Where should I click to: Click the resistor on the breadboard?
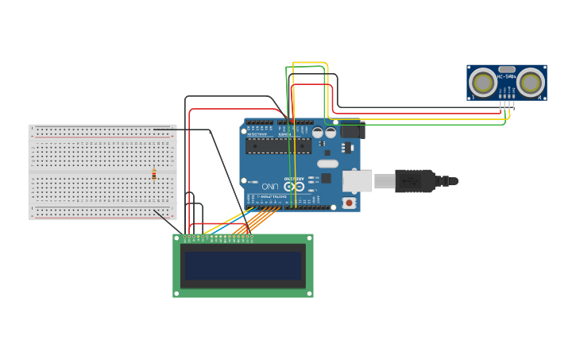click(x=154, y=175)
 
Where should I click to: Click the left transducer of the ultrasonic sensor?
click(x=483, y=83)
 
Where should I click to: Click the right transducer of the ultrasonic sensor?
click(x=530, y=83)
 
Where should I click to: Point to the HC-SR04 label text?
click(x=507, y=76)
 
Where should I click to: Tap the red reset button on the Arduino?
click(x=349, y=203)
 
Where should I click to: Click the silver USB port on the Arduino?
click(x=357, y=181)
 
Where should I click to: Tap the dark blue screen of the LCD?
click(x=243, y=266)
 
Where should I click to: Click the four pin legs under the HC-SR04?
click(x=506, y=104)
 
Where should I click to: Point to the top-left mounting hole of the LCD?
click(x=176, y=237)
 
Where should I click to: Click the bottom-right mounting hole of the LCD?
click(x=310, y=294)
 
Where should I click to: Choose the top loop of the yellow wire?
click(x=310, y=63)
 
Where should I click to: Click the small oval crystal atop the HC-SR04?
click(x=507, y=70)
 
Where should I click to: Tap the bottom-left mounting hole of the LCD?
click(x=176, y=294)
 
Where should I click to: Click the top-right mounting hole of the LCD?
click(x=310, y=237)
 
